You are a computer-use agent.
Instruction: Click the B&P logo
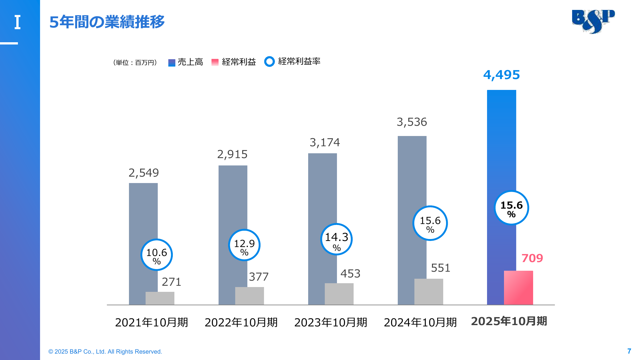coord(593,21)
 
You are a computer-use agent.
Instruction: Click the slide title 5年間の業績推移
coord(107,22)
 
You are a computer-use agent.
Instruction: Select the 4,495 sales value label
coord(501,75)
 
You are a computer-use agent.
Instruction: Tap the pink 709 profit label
coord(532,258)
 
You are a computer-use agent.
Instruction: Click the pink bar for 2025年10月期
coord(518,288)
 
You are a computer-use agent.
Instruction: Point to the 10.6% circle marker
coord(156,255)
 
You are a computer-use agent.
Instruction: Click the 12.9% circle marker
coord(244,245)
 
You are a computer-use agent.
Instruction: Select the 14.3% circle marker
coord(336,239)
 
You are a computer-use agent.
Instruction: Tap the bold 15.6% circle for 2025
coord(511,208)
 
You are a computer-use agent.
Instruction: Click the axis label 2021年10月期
coord(151,322)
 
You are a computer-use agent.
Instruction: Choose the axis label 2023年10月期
coord(331,322)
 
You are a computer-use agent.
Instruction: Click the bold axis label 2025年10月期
coord(509,321)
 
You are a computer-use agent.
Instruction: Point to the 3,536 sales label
coord(412,122)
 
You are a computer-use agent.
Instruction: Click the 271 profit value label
coord(172,282)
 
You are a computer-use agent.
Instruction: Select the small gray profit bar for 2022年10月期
coord(250,296)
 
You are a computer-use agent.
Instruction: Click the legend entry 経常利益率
coord(292,61)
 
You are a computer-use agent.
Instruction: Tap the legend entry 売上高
coord(186,62)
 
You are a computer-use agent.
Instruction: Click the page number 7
coord(629,351)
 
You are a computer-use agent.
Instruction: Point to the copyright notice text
coord(105,352)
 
